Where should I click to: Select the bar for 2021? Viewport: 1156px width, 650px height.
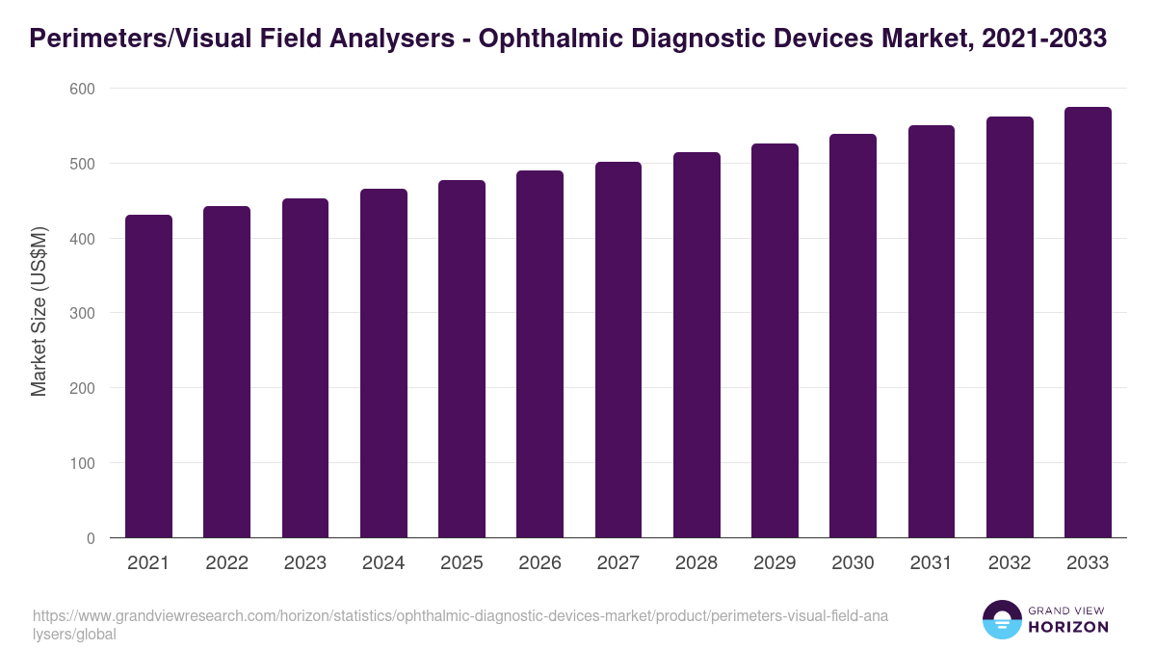tap(149, 377)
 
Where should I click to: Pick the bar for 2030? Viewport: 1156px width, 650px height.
tap(853, 336)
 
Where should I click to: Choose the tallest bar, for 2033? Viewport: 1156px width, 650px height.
tap(1088, 323)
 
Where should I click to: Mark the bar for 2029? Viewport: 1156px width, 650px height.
tap(775, 341)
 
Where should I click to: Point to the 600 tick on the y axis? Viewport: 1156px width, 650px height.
tap(84, 89)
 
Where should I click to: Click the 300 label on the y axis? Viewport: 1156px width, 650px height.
tap(84, 313)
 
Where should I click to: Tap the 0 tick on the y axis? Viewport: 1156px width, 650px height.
tap(91, 538)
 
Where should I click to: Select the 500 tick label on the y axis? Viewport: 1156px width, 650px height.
tap(84, 164)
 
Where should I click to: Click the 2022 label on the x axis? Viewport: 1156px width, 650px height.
tap(226, 563)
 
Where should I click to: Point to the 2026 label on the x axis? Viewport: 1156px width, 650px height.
tap(539, 563)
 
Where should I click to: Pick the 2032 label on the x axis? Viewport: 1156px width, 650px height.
tap(1010, 563)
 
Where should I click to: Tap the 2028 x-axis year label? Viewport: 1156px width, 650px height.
tap(696, 563)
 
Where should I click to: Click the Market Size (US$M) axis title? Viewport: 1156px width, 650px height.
tap(39, 312)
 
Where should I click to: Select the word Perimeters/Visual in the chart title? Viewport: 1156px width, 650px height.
tap(154, 39)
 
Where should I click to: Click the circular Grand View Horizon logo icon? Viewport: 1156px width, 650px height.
tap(1002, 619)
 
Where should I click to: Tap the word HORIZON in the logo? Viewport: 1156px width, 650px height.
tap(1068, 627)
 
